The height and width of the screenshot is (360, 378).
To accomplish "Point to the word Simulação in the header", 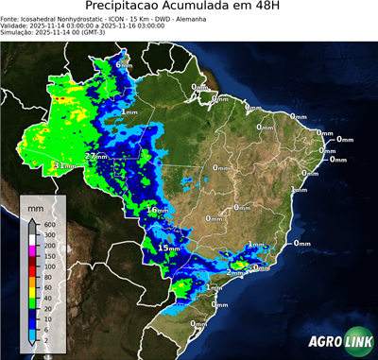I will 18,33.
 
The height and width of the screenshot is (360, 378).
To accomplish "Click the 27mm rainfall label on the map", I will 96,155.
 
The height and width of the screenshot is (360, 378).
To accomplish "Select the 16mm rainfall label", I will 157,209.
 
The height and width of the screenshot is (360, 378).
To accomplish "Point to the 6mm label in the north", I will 124,63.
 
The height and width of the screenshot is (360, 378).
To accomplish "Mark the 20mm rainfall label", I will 219,305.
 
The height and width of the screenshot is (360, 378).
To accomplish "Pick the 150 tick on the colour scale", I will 48,256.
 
